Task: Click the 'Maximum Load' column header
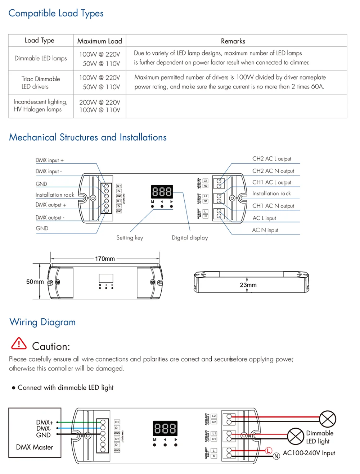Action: (100, 41)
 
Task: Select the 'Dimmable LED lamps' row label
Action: (41, 58)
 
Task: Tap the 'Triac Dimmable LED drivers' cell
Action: (41, 82)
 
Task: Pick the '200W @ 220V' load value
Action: (100, 102)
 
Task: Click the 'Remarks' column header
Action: (233, 41)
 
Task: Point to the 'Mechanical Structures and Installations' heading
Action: (88, 137)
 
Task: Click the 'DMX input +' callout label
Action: (50, 160)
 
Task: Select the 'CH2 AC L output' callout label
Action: (272, 159)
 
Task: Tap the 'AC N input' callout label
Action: (265, 230)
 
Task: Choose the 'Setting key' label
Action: (130, 238)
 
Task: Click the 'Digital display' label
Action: (190, 238)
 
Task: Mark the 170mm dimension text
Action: (105, 259)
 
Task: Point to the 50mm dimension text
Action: (35, 282)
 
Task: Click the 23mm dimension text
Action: (248, 285)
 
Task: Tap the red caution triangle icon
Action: (19, 344)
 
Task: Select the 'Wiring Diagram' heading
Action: (42, 322)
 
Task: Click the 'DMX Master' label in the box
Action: (35, 447)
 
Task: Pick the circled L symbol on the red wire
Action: (268, 450)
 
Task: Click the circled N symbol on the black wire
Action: (276, 456)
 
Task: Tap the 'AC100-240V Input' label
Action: (309, 453)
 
